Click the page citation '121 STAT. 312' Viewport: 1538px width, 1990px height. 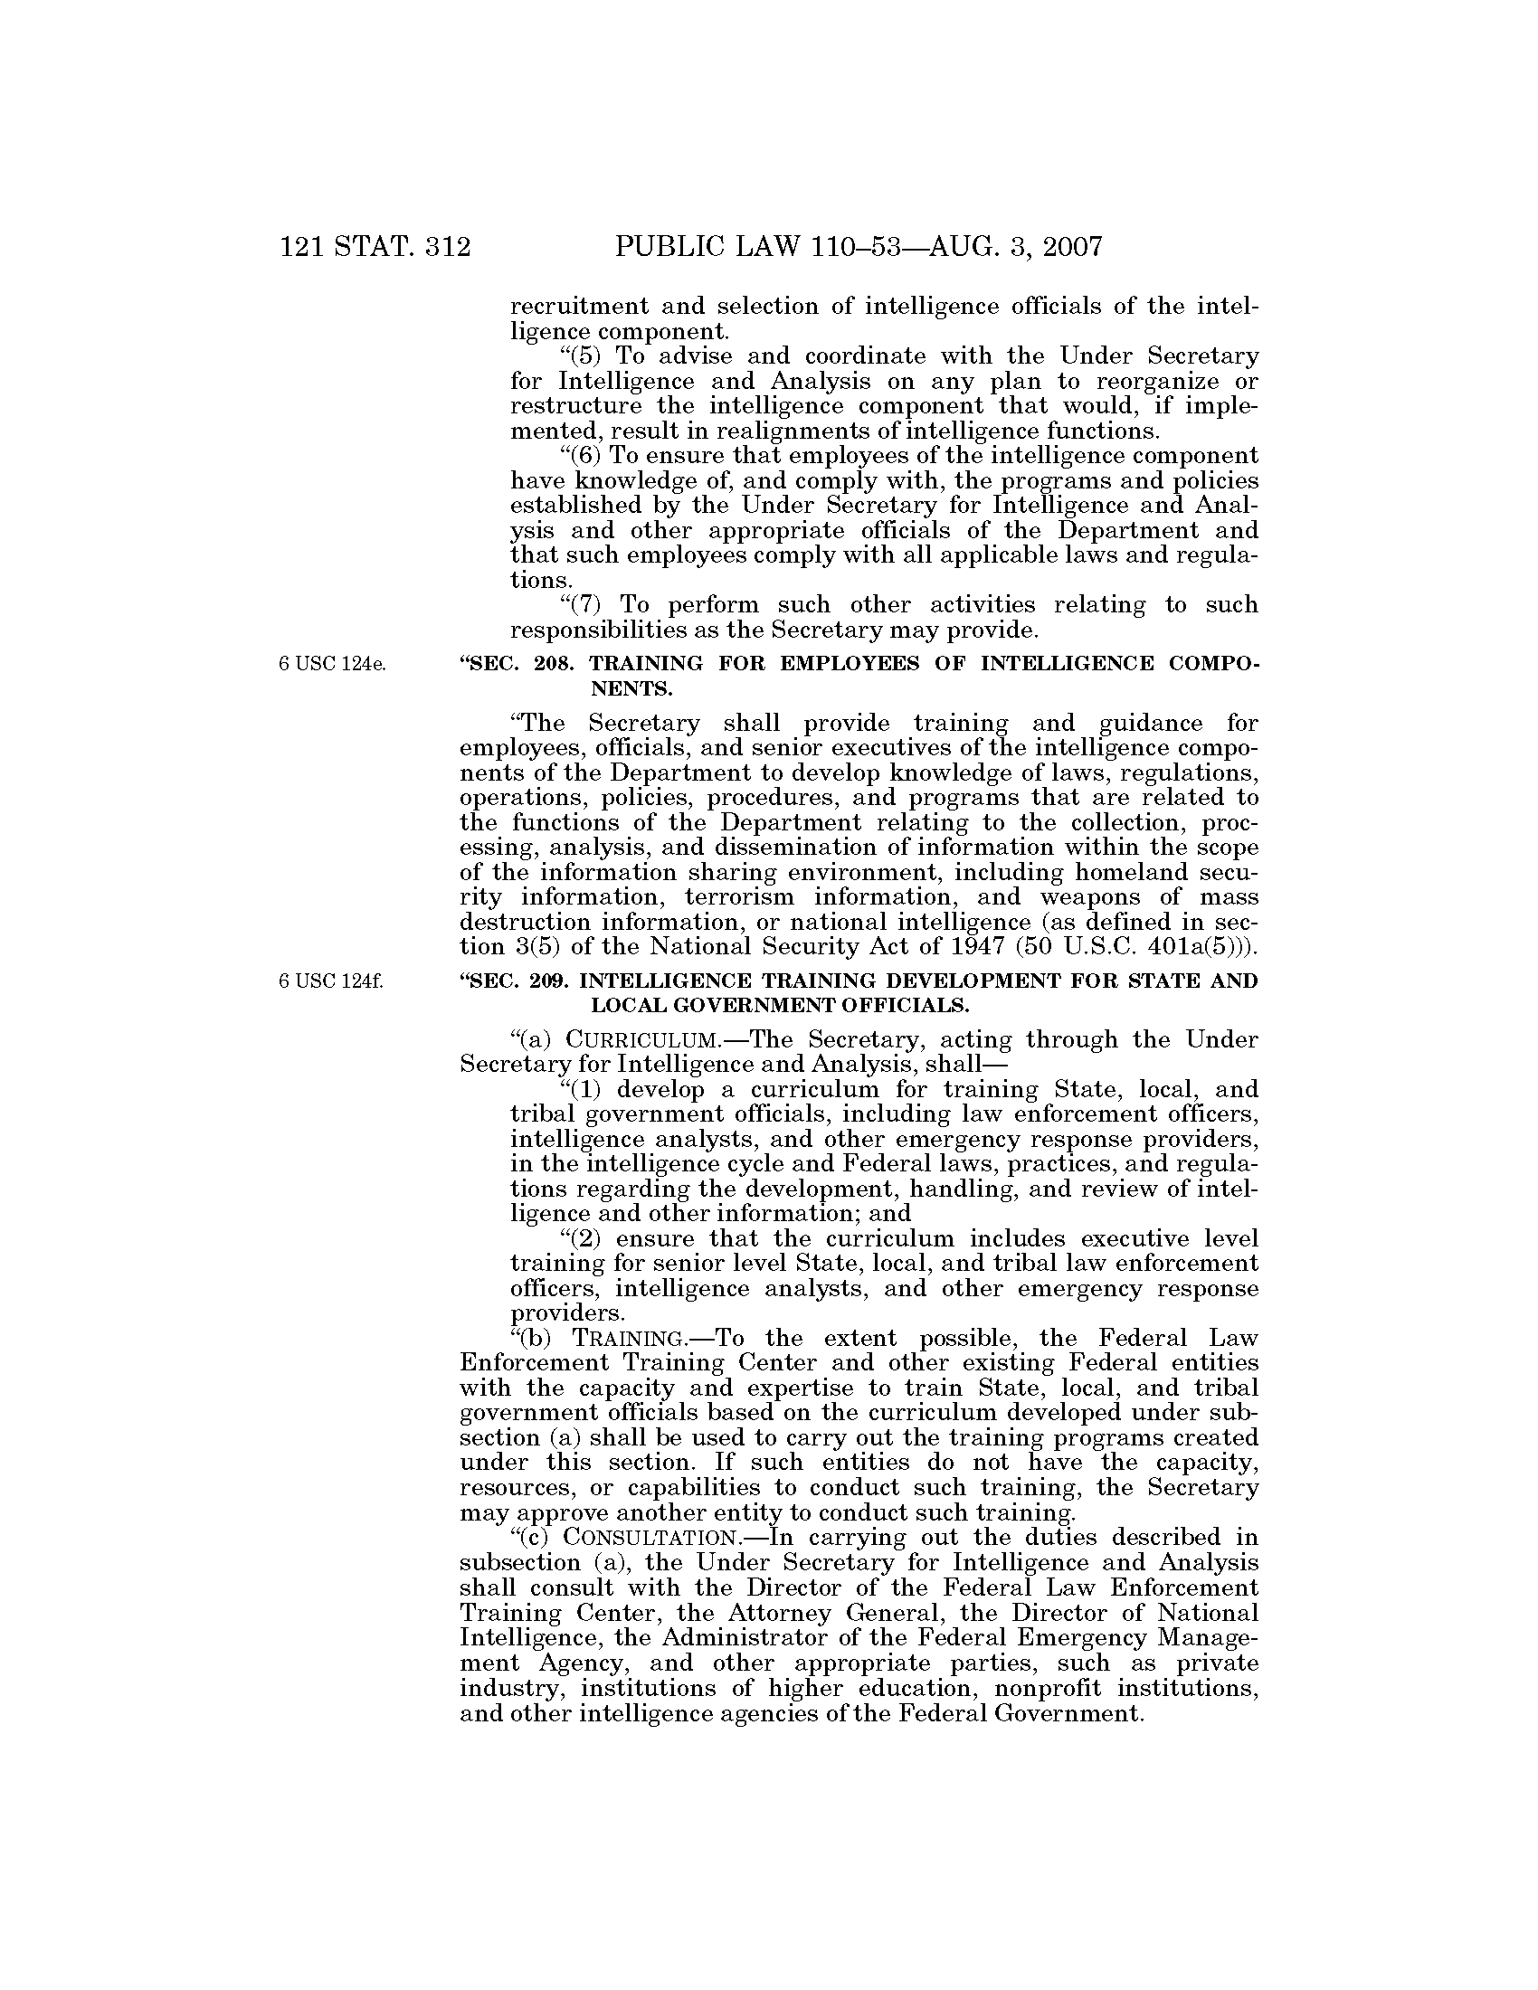[x=375, y=246]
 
